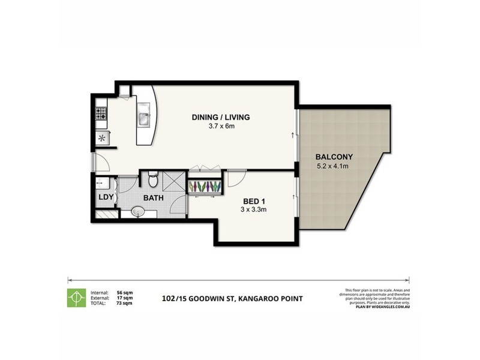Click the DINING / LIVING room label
coord(220,117)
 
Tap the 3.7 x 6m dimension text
coord(220,126)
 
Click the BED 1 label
coord(254,202)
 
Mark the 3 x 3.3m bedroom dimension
coord(254,211)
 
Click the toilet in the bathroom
coord(152,179)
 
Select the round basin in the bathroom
coord(138,211)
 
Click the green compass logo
coord(76,298)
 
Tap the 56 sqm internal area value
coord(124,292)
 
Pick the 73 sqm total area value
coord(124,304)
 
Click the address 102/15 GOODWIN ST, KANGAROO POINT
coord(233,298)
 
